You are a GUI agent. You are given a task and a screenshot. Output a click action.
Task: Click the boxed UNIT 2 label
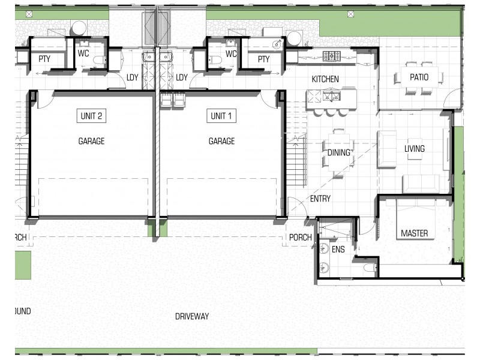(x=91, y=116)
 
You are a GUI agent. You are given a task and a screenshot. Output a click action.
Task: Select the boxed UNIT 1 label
(x=221, y=116)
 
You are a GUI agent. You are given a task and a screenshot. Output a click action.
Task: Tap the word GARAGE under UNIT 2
(x=91, y=142)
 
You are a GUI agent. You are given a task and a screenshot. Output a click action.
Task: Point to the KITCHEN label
(x=325, y=79)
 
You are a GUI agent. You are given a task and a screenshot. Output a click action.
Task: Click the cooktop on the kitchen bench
(x=331, y=56)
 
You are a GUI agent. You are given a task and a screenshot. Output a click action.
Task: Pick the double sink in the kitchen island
(x=331, y=95)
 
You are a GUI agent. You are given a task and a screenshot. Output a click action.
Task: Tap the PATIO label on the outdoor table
(x=419, y=77)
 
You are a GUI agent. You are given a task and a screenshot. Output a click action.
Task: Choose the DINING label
(x=339, y=152)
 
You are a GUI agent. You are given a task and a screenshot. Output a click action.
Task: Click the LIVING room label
(x=415, y=149)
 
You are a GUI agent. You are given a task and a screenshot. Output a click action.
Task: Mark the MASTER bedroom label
(x=414, y=233)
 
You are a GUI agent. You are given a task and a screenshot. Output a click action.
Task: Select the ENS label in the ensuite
(x=338, y=250)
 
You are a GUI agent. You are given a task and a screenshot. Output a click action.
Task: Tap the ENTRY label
(x=320, y=199)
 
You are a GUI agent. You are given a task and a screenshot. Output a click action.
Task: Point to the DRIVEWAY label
(x=192, y=316)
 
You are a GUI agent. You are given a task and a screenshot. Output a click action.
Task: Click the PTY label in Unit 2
(x=44, y=59)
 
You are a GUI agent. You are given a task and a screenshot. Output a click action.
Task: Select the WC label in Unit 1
(x=231, y=53)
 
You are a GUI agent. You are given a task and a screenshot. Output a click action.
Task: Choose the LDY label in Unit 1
(x=182, y=77)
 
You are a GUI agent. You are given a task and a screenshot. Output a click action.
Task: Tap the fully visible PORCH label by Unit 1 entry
(x=300, y=238)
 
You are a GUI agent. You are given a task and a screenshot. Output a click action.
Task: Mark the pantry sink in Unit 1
(x=277, y=44)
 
